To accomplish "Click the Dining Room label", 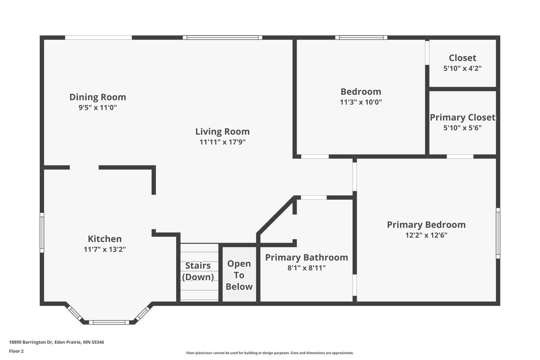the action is (98, 97).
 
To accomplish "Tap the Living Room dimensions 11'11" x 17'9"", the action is (222, 142).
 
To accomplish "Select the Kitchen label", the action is (105, 239).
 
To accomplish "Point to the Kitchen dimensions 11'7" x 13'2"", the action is (105, 249).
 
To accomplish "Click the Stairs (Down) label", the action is (198, 271).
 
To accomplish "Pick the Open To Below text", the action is (239, 275).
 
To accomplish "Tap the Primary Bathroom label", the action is (306, 257).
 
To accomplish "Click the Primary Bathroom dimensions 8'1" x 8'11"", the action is (306, 268).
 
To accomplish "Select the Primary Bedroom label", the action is (426, 225).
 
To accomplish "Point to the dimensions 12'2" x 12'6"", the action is (426, 235).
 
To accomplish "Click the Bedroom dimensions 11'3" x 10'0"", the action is (361, 102).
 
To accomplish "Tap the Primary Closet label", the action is (463, 117).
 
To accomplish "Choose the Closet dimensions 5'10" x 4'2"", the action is (462, 68).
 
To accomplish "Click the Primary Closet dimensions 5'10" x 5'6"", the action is (462, 128).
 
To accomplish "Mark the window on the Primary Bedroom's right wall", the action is (498, 233).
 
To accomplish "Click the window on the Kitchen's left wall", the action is (42, 232).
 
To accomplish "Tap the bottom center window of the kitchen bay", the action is (109, 322).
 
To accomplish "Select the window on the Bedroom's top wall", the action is (361, 37).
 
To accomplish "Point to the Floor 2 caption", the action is (17, 351).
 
